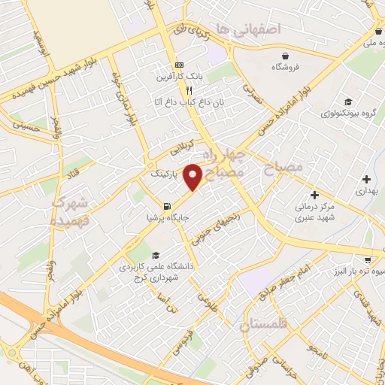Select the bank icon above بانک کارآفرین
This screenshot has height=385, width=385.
178,65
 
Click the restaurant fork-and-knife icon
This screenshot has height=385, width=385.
178,89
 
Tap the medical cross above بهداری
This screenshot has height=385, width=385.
366,179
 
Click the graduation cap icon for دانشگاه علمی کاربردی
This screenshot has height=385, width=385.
155,255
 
